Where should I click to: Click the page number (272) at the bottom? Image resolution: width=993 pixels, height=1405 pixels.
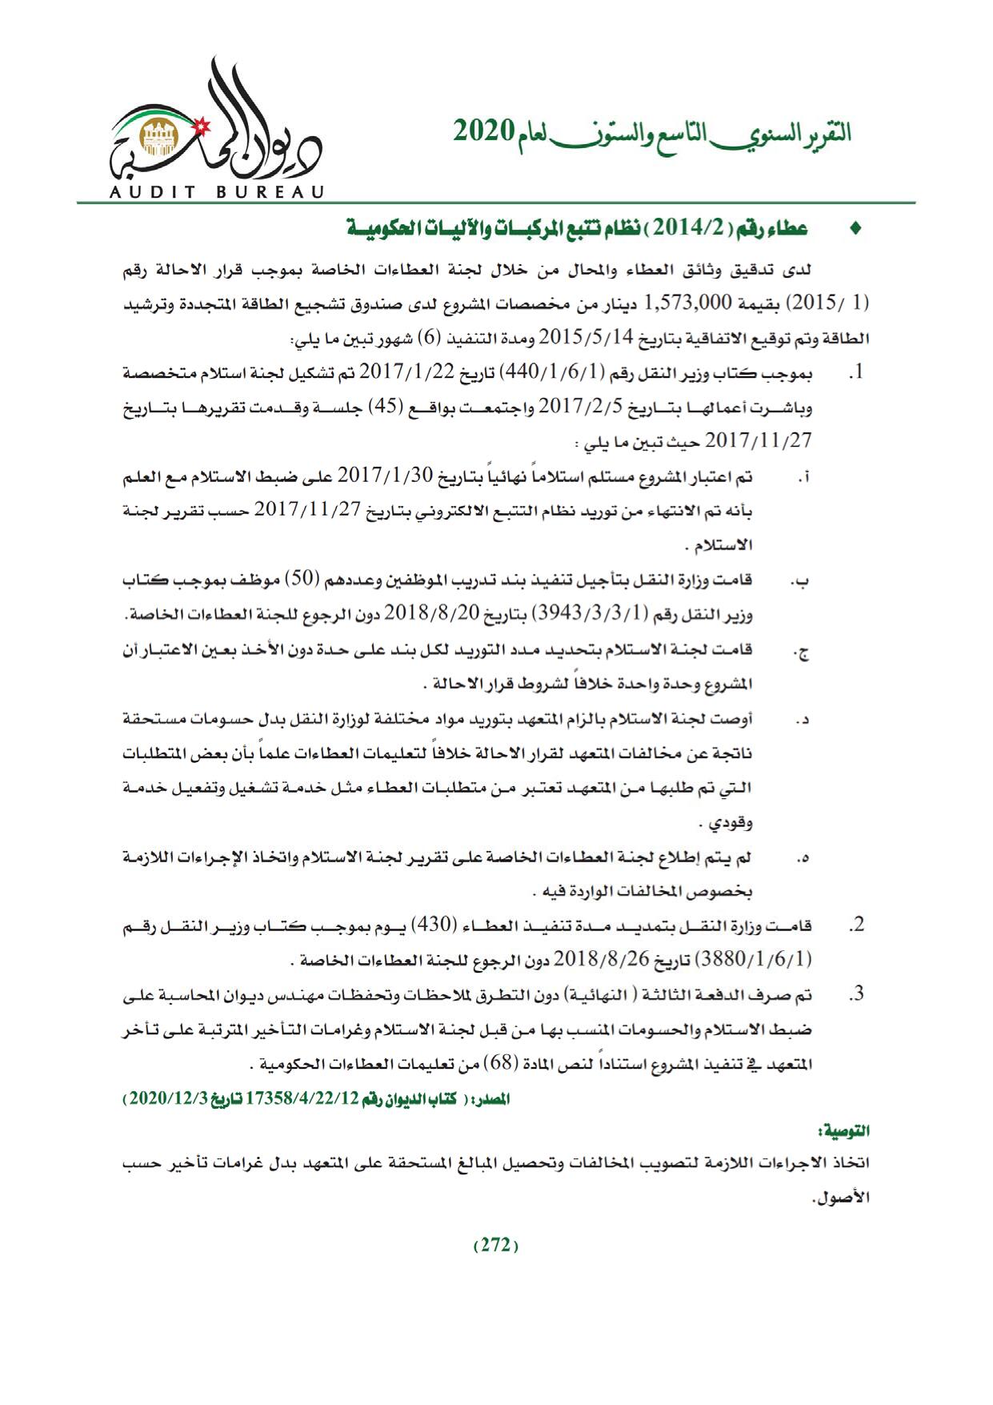(x=496, y=1246)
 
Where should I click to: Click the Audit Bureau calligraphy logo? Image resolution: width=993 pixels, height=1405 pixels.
(x=216, y=128)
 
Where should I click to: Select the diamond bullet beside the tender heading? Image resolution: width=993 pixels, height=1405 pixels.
(x=855, y=230)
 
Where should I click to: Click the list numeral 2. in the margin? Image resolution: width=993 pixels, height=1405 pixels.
(x=857, y=925)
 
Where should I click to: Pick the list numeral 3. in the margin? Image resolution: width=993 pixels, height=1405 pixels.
(x=857, y=995)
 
